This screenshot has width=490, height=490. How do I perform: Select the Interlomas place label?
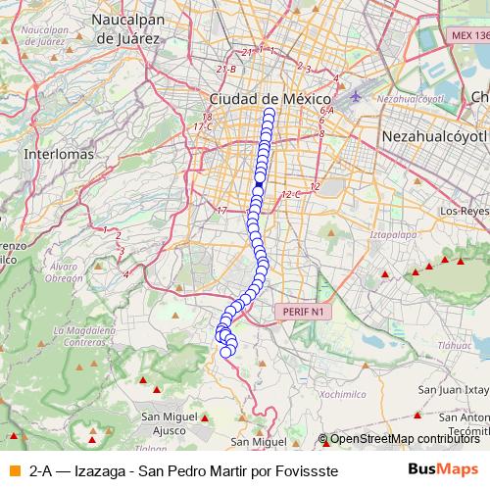click(x=60, y=155)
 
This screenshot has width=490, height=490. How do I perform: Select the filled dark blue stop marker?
click(x=259, y=183)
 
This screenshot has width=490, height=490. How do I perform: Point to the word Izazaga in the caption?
click(x=100, y=470)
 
